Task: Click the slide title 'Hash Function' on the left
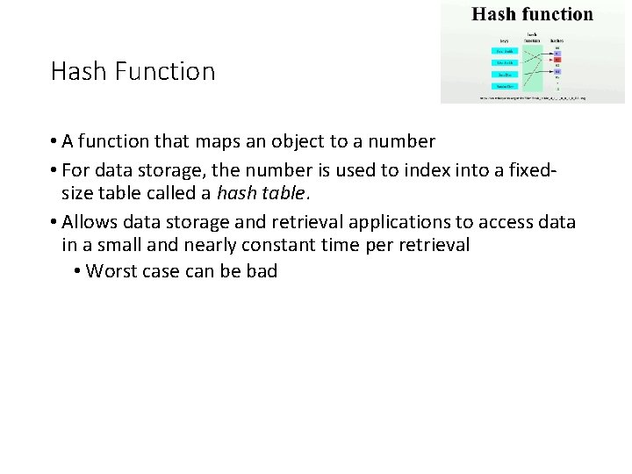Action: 133,71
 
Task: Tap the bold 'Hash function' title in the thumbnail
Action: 532,14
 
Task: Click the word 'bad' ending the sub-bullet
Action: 262,271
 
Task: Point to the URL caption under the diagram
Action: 533,98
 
